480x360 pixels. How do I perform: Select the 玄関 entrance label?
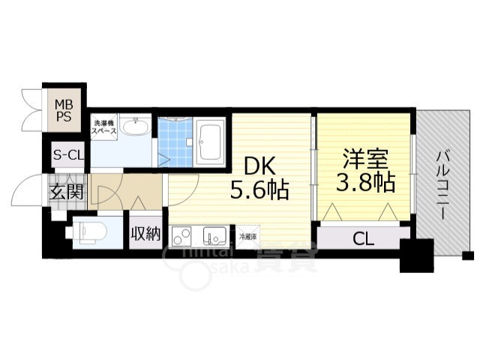click(x=66, y=191)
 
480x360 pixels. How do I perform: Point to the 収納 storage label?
click(x=145, y=233)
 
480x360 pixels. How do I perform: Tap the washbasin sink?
click(x=136, y=127)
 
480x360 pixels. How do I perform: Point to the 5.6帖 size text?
click(x=259, y=190)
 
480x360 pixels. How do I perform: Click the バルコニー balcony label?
click(x=443, y=184)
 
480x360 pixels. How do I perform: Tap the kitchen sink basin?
click(x=214, y=236)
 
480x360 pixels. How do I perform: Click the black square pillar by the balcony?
click(x=416, y=257)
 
